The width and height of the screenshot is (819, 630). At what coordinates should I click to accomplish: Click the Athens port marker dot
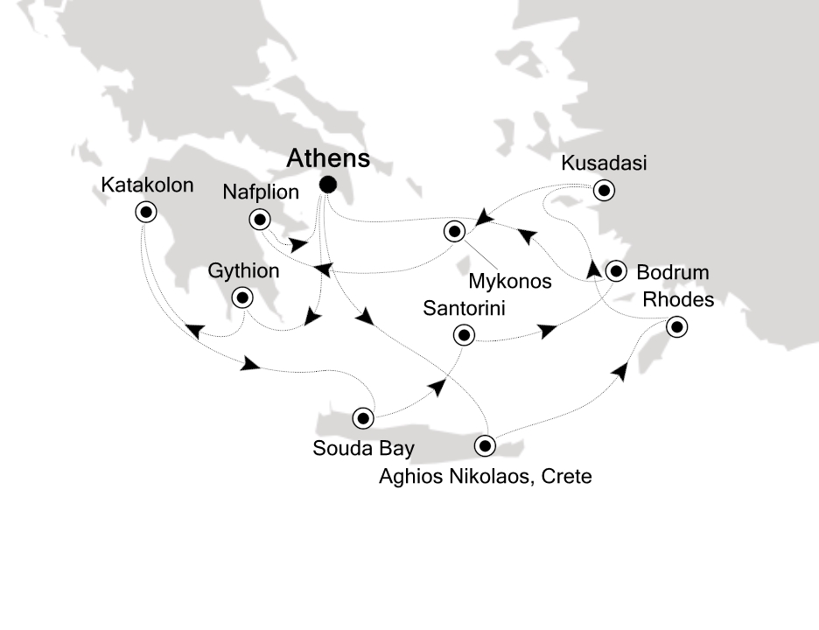click(x=328, y=184)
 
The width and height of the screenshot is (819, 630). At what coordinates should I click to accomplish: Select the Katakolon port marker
click(x=145, y=211)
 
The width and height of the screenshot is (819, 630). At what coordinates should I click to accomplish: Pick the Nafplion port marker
click(x=259, y=219)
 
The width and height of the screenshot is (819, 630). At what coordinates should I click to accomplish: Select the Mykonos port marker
click(x=454, y=232)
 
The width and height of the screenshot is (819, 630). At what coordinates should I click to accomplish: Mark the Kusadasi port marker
click(x=603, y=189)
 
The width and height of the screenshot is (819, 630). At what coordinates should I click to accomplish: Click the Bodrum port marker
click(x=617, y=270)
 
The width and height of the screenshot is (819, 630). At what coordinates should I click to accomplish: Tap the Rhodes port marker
click(x=676, y=328)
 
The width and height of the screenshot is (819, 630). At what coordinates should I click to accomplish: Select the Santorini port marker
click(x=463, y=334)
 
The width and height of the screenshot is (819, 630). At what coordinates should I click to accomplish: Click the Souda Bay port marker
click(x=362, y=417)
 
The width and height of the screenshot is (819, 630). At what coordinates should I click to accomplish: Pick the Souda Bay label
click(x=363, y=449)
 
